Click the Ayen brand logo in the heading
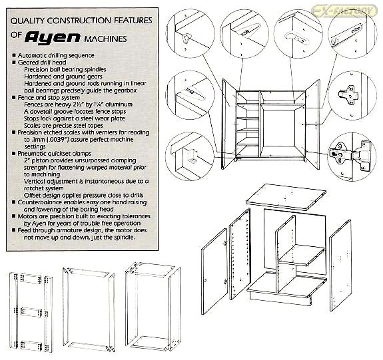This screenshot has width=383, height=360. coord(52,37)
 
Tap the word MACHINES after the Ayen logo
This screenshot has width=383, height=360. coord(106,39)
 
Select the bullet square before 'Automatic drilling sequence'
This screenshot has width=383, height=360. coord(14,55)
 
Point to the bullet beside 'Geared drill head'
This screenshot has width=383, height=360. coord(14,63)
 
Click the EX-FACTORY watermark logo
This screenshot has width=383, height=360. coord(345,11)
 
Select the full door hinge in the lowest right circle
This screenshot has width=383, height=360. coord(350,156)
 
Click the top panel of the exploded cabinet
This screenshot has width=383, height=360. coord(286,197)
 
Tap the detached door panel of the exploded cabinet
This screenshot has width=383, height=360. coord(214,271)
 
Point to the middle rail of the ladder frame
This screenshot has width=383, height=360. coord(31,311)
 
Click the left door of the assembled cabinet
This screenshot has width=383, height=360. coord(228,124)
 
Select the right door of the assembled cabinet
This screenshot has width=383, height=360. coord(312,124)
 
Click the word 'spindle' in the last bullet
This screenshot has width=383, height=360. coord(124,238)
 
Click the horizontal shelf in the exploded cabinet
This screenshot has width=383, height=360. coord(302,255)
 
